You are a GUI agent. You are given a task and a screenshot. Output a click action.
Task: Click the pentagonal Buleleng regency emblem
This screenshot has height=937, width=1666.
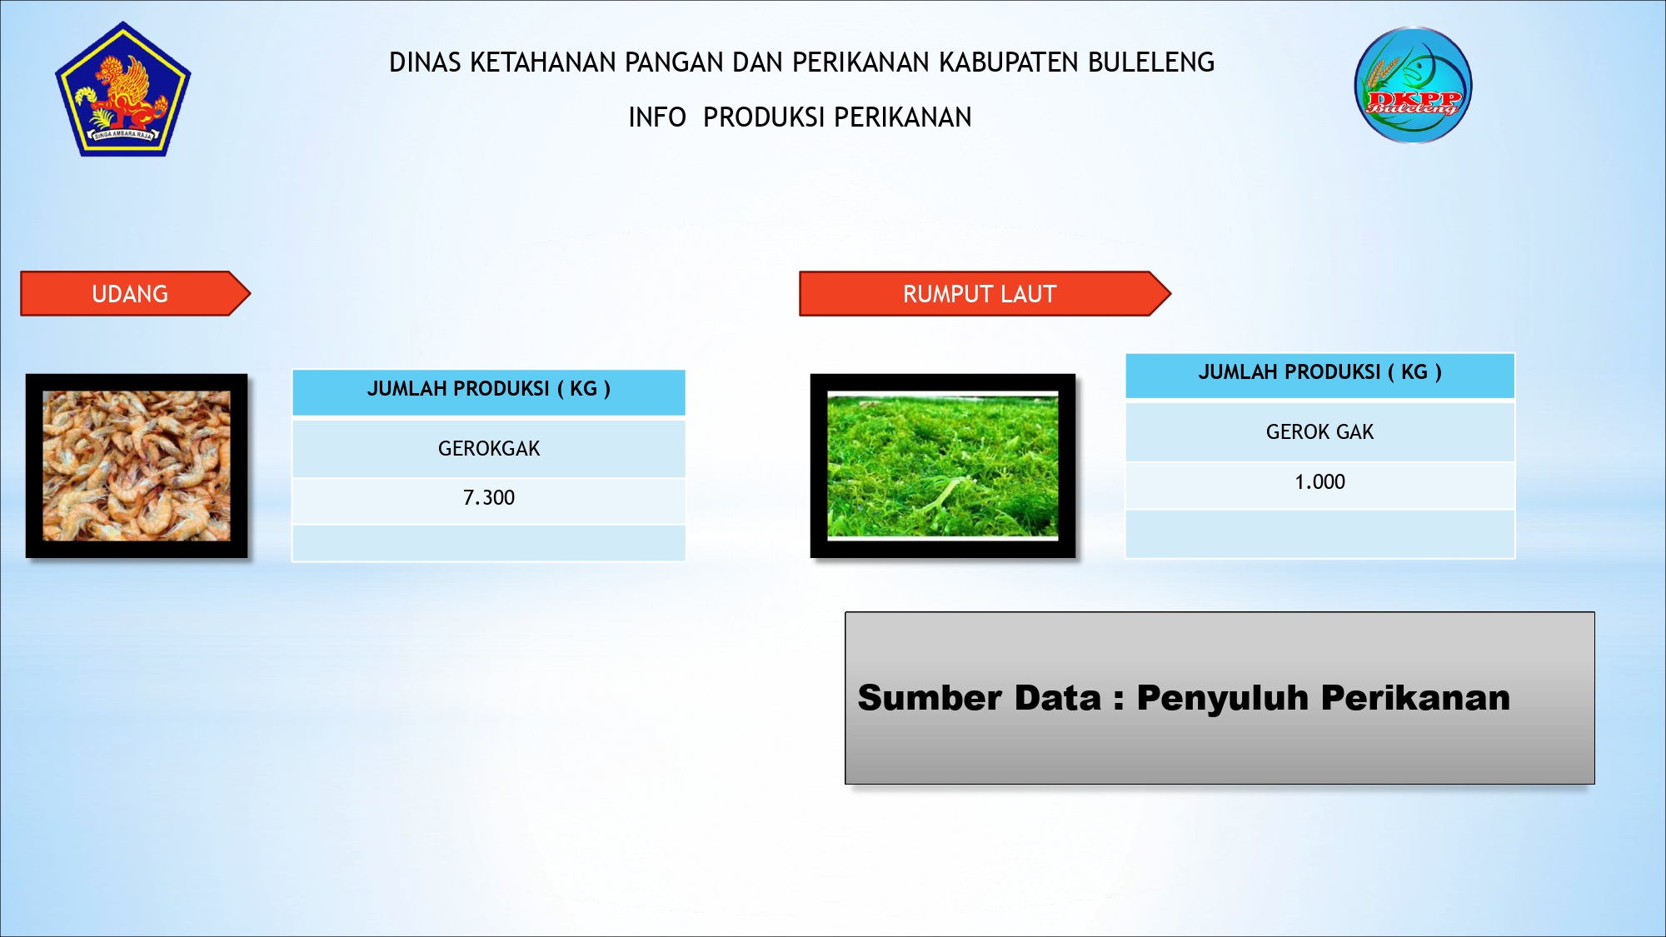pos(123,90)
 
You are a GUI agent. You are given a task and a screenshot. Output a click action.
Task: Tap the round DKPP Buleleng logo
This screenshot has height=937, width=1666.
pos(1413,85)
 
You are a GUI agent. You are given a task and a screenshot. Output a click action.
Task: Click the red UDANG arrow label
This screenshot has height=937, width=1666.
pos(136,294)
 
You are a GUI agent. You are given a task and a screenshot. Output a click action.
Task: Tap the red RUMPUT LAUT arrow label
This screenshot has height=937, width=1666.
pos(985,294)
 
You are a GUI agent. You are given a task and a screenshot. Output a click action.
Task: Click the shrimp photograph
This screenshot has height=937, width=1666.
pos(137,466)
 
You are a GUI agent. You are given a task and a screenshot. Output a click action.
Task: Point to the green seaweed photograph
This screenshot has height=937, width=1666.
pos(943,466)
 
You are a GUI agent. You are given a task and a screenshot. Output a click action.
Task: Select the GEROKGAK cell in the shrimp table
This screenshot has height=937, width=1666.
pos(489,448)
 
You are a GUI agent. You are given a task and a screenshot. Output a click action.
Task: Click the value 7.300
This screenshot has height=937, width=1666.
pos(489,498)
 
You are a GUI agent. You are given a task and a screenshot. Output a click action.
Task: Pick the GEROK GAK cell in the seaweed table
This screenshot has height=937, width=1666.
pos(1320,431)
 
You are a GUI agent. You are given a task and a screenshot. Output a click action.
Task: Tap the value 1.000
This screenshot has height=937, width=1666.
pos(1320,482)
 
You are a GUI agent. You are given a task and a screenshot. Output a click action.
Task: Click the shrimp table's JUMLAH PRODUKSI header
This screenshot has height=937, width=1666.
pos(489,392)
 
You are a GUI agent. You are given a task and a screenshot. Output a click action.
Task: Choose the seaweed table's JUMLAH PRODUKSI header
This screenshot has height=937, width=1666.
pos(1320,376)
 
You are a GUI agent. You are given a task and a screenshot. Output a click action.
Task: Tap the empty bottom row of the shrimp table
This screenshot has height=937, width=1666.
pos(489,542)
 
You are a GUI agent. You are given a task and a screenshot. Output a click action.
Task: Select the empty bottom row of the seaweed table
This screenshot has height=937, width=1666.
pos(1320,534)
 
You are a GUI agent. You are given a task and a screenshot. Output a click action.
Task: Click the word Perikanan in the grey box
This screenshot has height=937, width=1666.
pos(1415,698)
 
